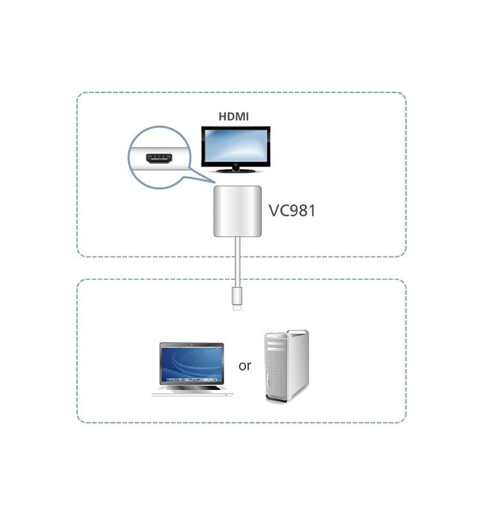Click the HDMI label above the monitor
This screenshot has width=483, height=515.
(233, 117)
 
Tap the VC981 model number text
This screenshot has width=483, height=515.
(292, 211)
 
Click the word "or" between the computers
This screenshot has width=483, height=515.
(245, 366)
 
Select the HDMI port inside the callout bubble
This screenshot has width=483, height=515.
(159, 159)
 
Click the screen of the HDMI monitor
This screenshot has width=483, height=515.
(236, 145)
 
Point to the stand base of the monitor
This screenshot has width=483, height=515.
(235, 170)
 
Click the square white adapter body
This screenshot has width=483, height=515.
(238, 211)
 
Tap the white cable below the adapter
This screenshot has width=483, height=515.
(238, 262)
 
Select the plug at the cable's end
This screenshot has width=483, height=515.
(237, 298)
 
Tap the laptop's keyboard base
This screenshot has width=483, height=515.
(193, 390)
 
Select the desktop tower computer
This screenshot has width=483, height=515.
(287, 366)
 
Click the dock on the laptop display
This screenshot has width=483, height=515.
(192, 380)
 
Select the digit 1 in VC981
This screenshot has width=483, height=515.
(312, 211)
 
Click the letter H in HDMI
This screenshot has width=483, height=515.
(223, 117)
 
